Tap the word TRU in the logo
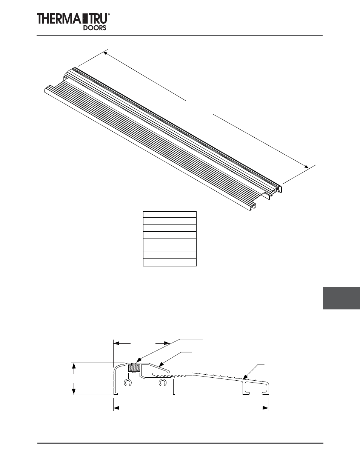point(98,19)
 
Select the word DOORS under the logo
point(94,28)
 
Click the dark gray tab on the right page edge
point(341,298)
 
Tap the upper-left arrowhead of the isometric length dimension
point(106,54)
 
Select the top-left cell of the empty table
point(159,214)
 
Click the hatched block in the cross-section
point(133,367)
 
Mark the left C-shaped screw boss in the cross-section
point(128,383)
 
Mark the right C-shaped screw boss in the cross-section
point(163,383)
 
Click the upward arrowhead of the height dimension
point(74,365)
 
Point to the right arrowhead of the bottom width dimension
point(266,408)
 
